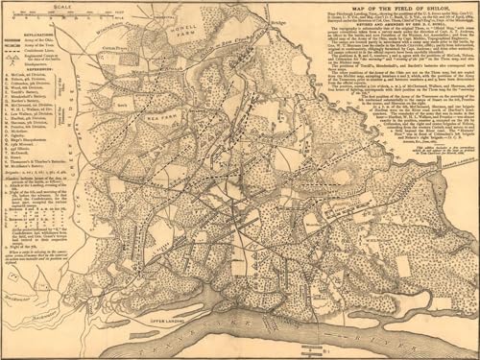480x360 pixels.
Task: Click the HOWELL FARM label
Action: point(188,39)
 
